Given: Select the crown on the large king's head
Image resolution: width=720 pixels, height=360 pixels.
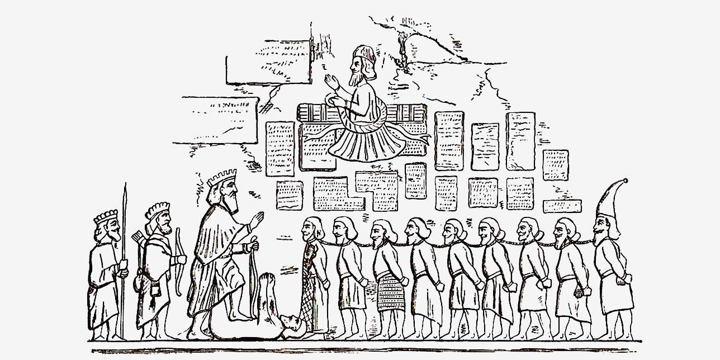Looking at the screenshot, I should pyautogui.click(x=221, y=178).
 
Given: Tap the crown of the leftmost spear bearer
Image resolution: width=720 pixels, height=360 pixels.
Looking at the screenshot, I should pyautogui.click(x=106, y=216).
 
